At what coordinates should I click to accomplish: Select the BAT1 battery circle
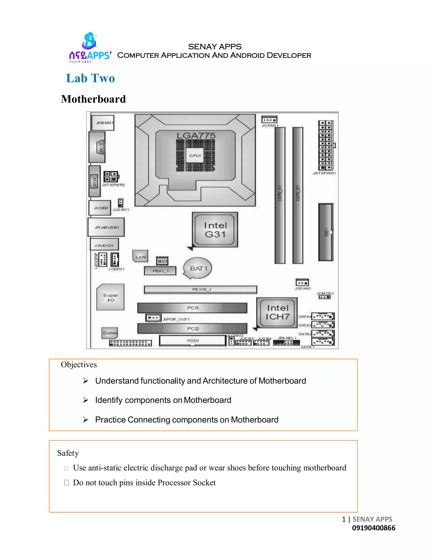click(x=198, y=268)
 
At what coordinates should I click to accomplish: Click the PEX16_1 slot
click(x=200, y=289)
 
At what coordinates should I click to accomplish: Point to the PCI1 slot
click(x=192, y=308)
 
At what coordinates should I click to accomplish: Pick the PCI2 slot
click(x=192, y=328)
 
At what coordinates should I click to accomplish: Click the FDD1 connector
click(x=193, y=340)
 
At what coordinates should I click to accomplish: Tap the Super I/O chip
click(x=110, y=297)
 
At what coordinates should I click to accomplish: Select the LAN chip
click(x=140, y=256)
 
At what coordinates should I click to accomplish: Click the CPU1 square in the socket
click(x=195, y=155)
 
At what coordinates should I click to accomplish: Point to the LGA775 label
click(x=196, y=136)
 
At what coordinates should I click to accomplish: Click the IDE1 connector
click(x=326, y=232)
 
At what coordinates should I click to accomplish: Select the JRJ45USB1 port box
click(x=106, y=227)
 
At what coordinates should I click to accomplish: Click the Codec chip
click(x=110, y=333)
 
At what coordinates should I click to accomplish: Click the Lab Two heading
click(x=90, y=78)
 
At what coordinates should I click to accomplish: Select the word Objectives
click(x=79, y=364)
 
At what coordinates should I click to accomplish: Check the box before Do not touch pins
click(x=67, y=483)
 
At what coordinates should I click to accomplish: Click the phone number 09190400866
click(x=374, y=528)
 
